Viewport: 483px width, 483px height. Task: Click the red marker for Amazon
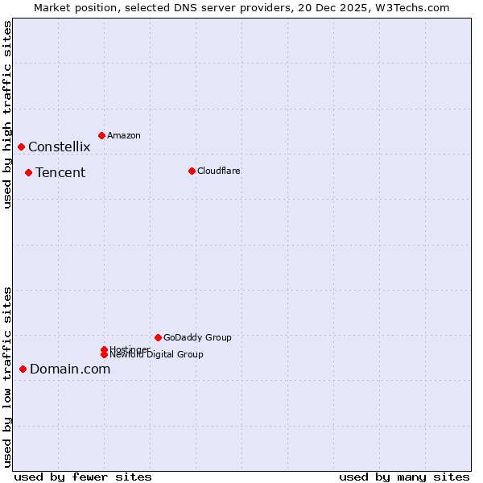click(101, 135)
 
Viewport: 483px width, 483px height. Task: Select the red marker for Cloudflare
click(192, 171)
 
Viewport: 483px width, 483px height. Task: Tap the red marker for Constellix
click(21, 147)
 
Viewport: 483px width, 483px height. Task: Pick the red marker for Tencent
click(28, 172)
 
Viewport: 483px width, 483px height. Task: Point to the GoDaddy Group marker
click(158, 337)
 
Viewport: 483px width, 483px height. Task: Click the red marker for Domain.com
click(23, 369)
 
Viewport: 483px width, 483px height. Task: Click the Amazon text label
click(124, 135)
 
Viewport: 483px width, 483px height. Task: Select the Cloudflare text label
click(218, 171)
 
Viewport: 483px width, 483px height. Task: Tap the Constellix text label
click(59, 147)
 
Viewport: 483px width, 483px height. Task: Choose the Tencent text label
click(60, 172)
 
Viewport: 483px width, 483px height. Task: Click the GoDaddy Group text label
click(197, 337)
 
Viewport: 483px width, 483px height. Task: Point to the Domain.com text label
click(70, 369)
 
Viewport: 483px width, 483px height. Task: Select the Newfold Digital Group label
click(156, 354)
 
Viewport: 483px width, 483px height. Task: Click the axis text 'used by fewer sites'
click(83, 477)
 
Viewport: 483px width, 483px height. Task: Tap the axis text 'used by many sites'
click(404, 477)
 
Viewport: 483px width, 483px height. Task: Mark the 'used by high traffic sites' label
click(7, 115)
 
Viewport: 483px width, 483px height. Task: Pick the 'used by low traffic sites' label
click(7, 377)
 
